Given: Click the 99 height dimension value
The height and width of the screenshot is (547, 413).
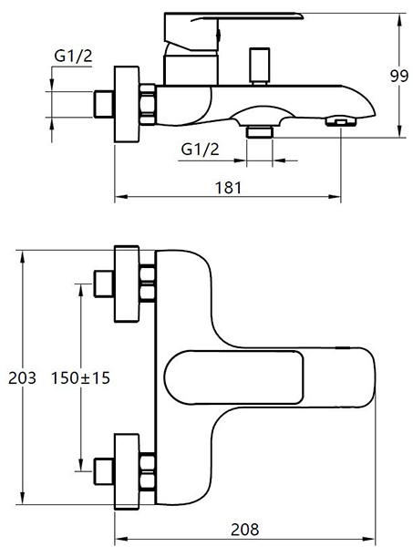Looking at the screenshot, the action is coord(398,76).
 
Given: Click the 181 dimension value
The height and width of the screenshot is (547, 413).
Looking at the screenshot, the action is coord(229,188).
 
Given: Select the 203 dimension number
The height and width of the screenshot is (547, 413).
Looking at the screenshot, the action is coord(22,377).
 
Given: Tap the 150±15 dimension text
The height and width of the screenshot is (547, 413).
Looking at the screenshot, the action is coord(80,377).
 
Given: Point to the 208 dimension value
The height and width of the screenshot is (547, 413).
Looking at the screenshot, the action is coord(245,529).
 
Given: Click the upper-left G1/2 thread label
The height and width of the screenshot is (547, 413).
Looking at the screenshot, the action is coord(73,57).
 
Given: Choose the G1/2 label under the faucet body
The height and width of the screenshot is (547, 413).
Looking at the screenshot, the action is coord(201,150).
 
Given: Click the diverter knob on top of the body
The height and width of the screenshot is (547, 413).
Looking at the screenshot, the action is coord(260,66).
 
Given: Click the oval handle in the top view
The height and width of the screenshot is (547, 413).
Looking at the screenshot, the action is coord(233,377).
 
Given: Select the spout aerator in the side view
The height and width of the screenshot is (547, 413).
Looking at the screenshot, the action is coord(341,122).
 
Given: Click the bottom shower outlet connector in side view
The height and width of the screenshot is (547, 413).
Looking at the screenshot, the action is coord(259,132).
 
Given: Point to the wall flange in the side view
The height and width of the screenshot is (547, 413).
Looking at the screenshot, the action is coord(127,104).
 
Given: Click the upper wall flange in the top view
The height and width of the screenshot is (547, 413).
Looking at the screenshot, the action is coord(127,284).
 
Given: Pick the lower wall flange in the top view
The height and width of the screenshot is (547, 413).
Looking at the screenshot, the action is coord(127,471).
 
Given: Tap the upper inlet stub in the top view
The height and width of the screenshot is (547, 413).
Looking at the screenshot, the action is coord(104,284).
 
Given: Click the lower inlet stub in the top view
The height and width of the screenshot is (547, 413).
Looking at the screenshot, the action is coord(104,471).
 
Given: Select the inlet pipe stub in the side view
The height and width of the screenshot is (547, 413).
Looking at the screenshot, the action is coord(104,104).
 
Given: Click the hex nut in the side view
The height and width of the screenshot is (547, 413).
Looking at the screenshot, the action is coord(148,104).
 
